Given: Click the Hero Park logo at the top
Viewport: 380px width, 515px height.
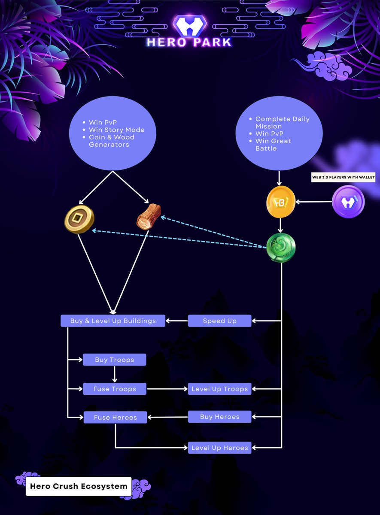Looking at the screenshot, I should pyautogui.click(x=189, y=31).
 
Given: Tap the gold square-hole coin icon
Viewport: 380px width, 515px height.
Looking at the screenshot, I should pyautogui.click(x=79, y=219).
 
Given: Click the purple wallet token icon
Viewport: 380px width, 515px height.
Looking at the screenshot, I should pyautogui.click(x=348, y=202).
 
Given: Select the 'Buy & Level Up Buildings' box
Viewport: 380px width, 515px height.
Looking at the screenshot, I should pyautogui.click(x=113, y=321).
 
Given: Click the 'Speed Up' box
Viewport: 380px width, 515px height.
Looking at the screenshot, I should pyautogui.click(x=219, y=321).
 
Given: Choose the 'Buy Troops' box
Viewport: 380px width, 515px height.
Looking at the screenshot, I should pyautogui.click(x=114, y=360).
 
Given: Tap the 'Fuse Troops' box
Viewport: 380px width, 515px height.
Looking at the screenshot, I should pyautogui.click(x=115, y=389).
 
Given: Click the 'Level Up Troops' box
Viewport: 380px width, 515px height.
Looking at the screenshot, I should pyautogui.click(x=219, y=389).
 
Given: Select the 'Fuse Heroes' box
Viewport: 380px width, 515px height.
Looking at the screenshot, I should pyautogui.click(x=115, y=417).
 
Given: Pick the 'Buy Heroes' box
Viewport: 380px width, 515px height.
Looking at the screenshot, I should pyautogui.click(x=219, y=417).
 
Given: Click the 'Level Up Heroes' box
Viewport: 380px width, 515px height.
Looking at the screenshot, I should pyautogui.click(x=219, y=448).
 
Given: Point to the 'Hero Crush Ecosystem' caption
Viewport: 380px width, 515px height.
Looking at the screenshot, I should pyautogui.click(x=79, y=486).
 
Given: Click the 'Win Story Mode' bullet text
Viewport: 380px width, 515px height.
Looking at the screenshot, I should pyautogui.click(x=116, y=130).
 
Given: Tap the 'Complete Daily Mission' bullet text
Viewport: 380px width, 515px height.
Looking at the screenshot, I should pyautogui.click(x=282, y=122).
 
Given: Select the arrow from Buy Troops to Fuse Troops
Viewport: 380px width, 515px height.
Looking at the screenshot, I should pyautogui.click(x=115, y=374).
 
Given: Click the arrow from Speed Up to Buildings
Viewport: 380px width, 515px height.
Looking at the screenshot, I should pyautogui.click(x=176, y=321).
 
